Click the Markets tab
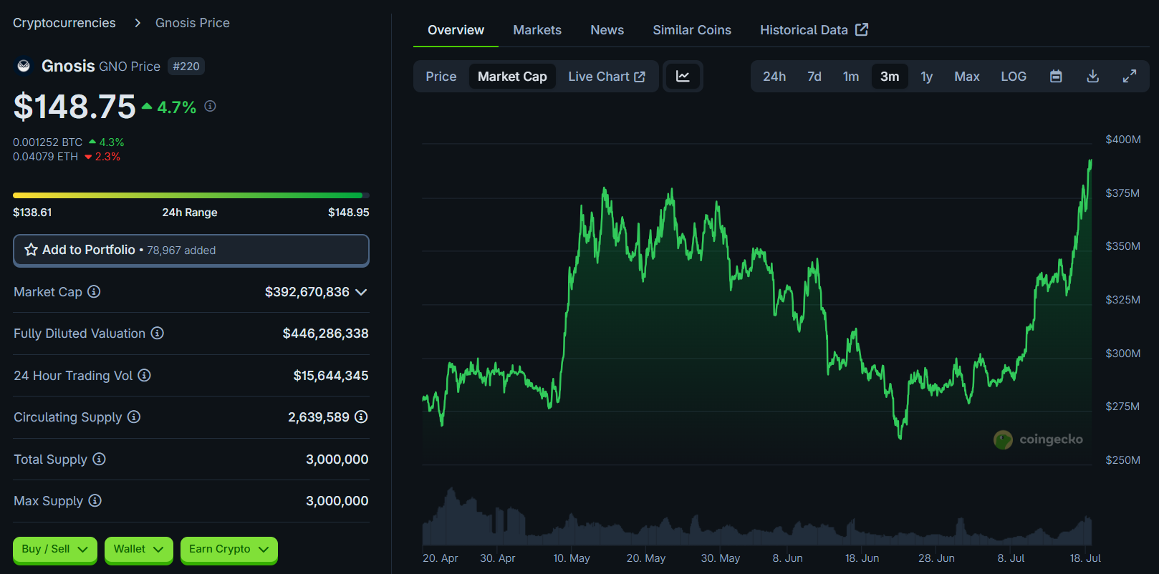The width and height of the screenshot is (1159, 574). [x=537, y=30]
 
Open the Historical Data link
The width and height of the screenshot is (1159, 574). [x=814, y=30]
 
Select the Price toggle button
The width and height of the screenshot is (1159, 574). [x=441, y=77]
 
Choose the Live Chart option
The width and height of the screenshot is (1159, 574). [x=606, y=77]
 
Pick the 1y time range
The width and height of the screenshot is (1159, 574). [x=926, y=77]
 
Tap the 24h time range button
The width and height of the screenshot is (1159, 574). [x=774, y=77]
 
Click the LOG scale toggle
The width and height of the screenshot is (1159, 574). [x=1013, y=77]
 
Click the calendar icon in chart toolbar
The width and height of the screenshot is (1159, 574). [x=1055, y=77]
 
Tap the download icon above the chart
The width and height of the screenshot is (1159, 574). [x=1092, y=77]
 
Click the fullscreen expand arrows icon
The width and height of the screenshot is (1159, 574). [x=1130, y=77]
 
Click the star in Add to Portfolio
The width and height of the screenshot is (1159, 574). [x=32, y=250]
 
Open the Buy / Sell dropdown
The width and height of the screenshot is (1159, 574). [x=54, y=549]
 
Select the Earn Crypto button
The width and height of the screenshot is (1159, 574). [x=229, y=549]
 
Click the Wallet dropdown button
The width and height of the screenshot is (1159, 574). [x=138, y=549]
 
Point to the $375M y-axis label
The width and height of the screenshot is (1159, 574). [x=1122, y=193]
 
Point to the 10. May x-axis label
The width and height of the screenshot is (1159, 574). [x=571, y=558]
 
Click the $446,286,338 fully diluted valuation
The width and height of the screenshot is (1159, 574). [x=325, y=334]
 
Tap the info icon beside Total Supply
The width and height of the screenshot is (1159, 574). [x=100, y=459]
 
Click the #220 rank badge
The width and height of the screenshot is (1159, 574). [x=186, y=67]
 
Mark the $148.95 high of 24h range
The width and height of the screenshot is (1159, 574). [x=348, y=213]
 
